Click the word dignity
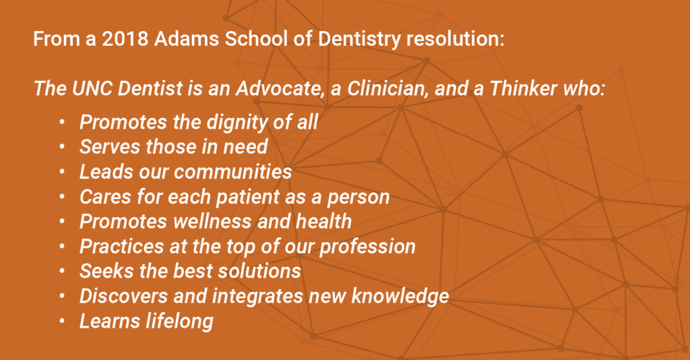[230, 123]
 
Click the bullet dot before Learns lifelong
[62, 321]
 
